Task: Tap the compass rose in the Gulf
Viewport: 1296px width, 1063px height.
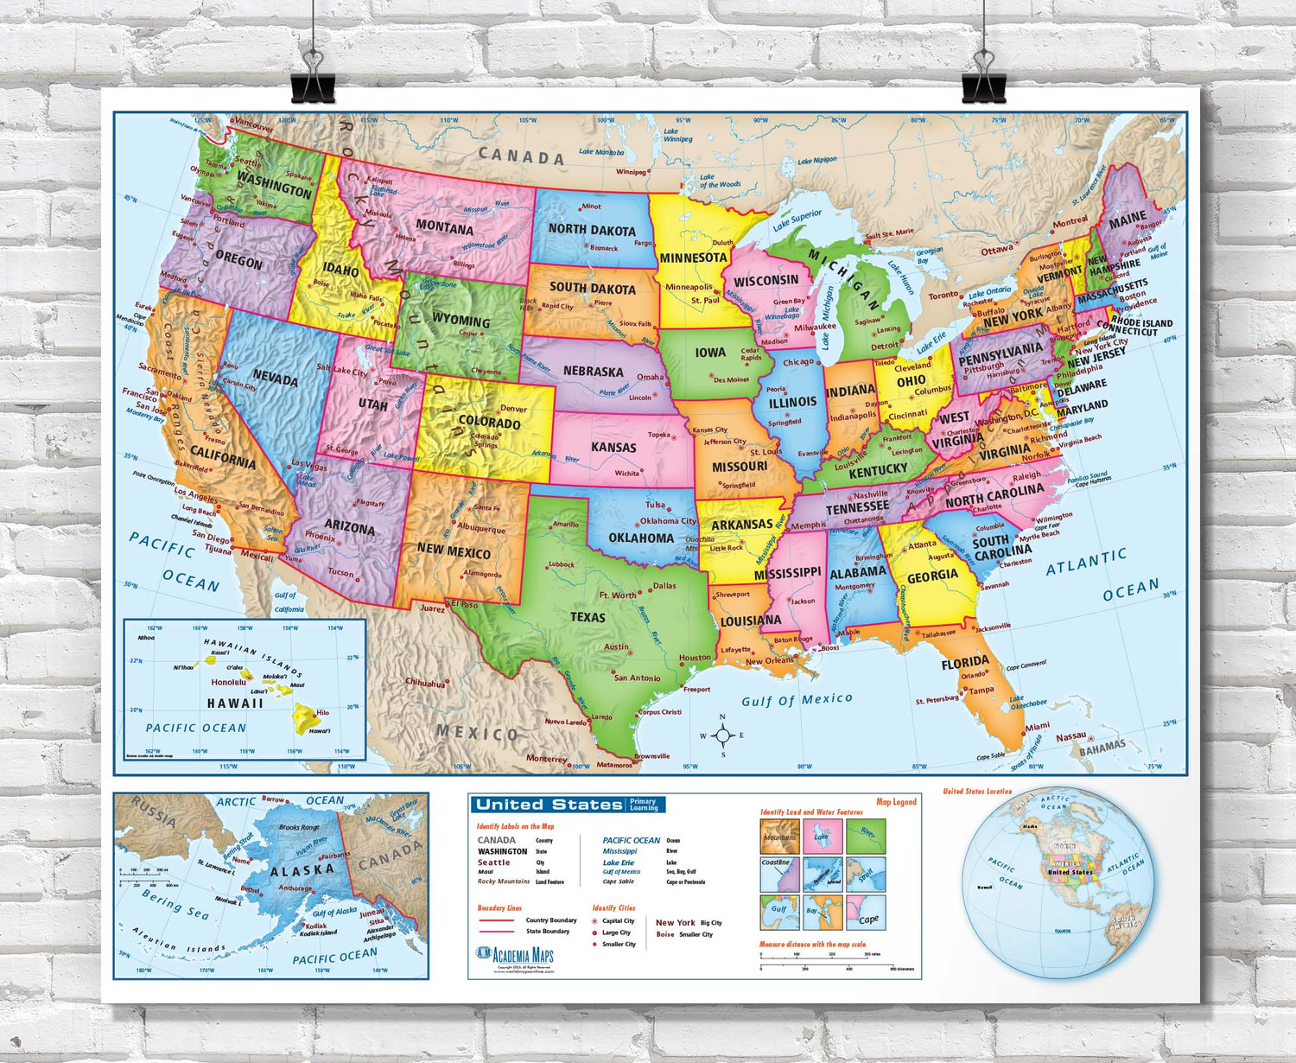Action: pos(723,735)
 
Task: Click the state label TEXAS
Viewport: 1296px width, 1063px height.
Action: pos(588,617)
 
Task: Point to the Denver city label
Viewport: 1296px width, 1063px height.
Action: pos(513,409)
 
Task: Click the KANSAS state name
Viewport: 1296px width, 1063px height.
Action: pos(613,447)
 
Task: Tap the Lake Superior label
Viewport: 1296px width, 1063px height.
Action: pos(797,220)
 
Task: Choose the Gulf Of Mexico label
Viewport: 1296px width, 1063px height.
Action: pos(797,699)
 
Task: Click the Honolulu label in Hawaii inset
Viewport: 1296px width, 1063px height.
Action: pos(229,682)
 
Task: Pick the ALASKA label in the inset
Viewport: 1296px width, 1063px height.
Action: pos(302,870)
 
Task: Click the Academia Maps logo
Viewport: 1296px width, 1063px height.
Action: pos(515,956)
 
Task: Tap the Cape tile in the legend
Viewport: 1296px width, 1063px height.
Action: pos(866,913)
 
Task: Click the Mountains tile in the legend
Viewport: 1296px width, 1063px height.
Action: pos(779,837)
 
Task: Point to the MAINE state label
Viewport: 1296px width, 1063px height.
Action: pos(1128,220)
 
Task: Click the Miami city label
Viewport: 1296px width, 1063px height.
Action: pos(1037,726)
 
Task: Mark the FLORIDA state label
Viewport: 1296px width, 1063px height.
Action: pos(965,663)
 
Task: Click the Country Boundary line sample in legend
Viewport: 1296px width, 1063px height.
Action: pos(497,920)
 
